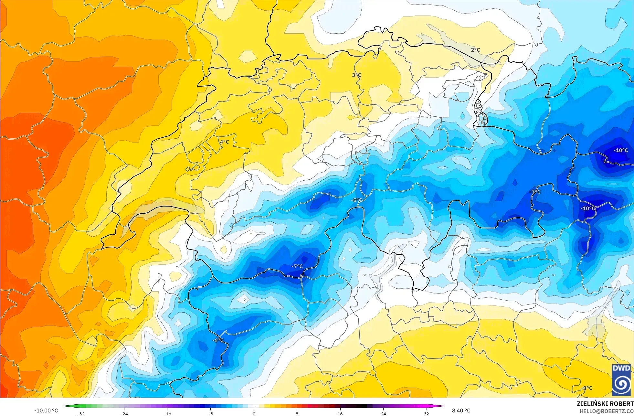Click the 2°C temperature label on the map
(x=475, y=50)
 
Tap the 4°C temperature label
(x=224, y=142)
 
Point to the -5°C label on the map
(x=357, y=200)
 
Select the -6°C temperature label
(x=218, y=340)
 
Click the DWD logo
(x=621, y=380)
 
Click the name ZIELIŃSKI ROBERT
(x=605, y=404)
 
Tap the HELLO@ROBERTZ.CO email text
(x=606, y=411)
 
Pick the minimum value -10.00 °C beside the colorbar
(x=46, y=411)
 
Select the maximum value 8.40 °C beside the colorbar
(x=461, y=411)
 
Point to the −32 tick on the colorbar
(x=81, y=414)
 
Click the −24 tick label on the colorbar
(x=124, y=414)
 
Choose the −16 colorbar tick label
(x=167, y=414)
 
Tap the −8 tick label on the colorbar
(x=210, y=414)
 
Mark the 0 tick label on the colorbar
(x=254, y=414)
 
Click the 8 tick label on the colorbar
(x=297, y=414)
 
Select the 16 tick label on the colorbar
(x=340, y=414)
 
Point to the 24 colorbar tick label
(x=384, y=414)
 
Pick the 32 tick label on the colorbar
(x=427, y=414)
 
